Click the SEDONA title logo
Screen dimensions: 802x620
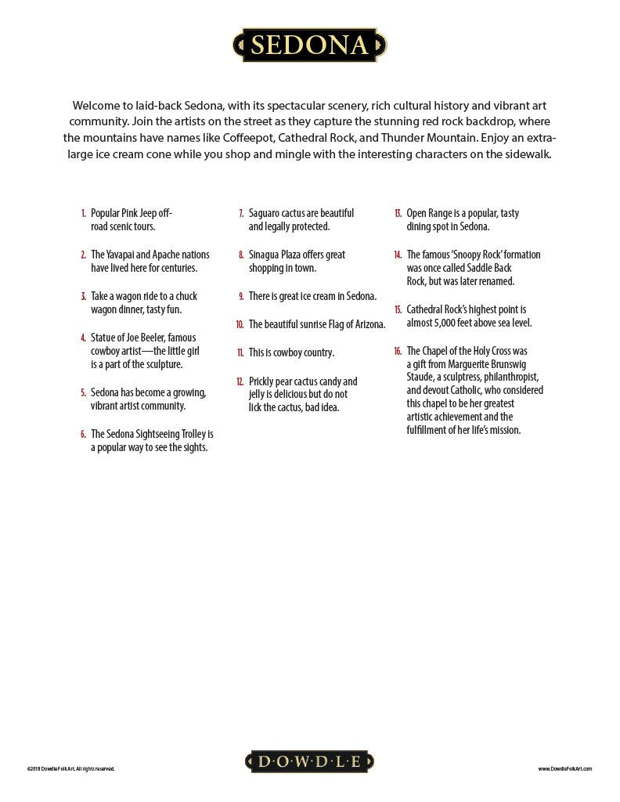[x=309, y=45]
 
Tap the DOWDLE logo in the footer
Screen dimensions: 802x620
[x=309, y=761]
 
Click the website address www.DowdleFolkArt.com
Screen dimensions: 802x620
[x=564, y=769]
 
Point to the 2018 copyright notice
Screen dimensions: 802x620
[x=70, y=769]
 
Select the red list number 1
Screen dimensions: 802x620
[x=83, y=213]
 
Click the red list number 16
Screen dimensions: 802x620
[x=398, y=351]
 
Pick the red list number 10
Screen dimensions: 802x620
[x=240, y=324]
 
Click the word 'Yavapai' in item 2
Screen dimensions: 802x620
[x=128, y=255]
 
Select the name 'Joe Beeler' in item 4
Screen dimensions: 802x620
[x=142, y=338]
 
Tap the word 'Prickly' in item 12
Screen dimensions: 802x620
[x=264, y=381]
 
